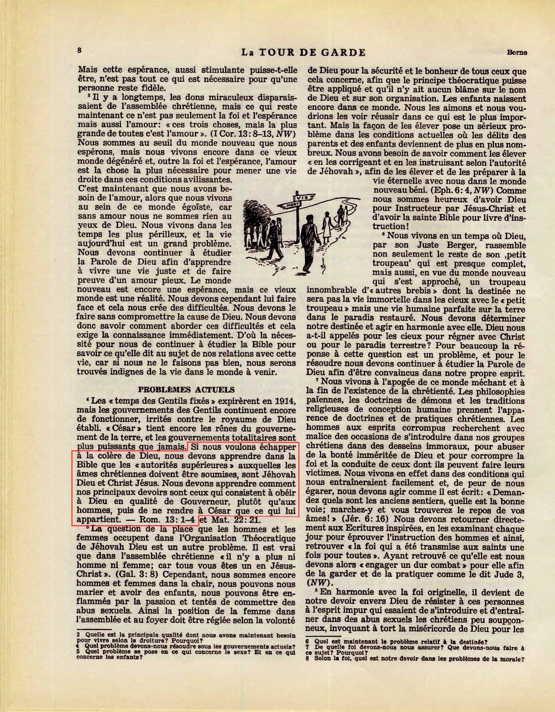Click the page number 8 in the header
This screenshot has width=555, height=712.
tap(80, 51)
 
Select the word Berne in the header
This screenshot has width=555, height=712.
tap(517, 52)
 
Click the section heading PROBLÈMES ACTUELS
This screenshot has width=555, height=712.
tap(186, 389)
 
